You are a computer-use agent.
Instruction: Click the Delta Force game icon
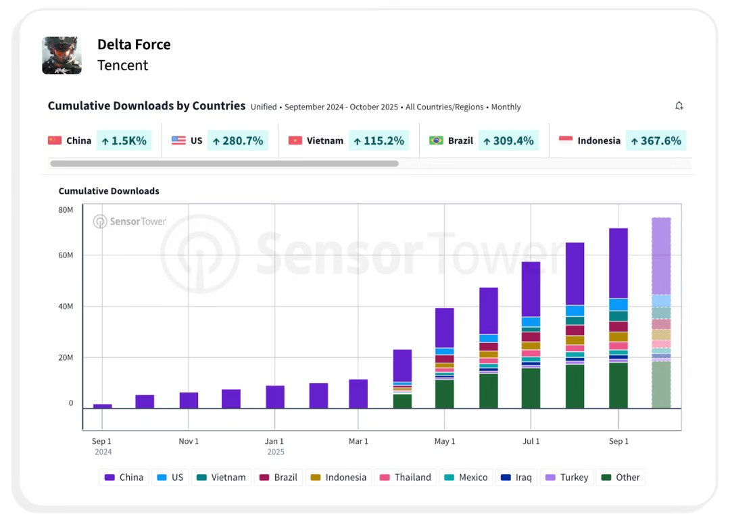tap(62, 55)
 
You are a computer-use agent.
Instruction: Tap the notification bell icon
tap(679, 106)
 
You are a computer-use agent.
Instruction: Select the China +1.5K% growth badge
tap(124, 140)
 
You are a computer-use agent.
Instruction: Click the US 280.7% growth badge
tap(237, 140)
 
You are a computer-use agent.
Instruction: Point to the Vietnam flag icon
tap(295, 140)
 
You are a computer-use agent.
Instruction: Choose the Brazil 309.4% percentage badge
tap(508, 140)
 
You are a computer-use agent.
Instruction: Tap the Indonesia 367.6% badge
tap(656, 140)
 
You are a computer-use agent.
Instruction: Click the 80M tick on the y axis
tap(66, 210)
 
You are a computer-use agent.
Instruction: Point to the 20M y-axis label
tap(66, 357)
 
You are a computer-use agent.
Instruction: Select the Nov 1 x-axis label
tap(189, 441)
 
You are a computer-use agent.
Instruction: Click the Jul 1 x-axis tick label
tap(531, 441)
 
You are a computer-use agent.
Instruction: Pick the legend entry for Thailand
tap(406, 478)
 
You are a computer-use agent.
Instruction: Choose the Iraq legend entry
tap(516, 478)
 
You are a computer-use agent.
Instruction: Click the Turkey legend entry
tap(567, 478)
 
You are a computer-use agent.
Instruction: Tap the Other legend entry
tap(620, 478)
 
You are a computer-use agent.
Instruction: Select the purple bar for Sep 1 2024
tap(103, 406)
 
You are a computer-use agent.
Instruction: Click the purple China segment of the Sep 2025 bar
tap(618, 263)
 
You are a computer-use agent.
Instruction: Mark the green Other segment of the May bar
tap(444, 394)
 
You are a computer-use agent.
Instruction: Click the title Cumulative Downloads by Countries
tap(146, 106)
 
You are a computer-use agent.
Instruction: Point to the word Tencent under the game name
tap(122, 66)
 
